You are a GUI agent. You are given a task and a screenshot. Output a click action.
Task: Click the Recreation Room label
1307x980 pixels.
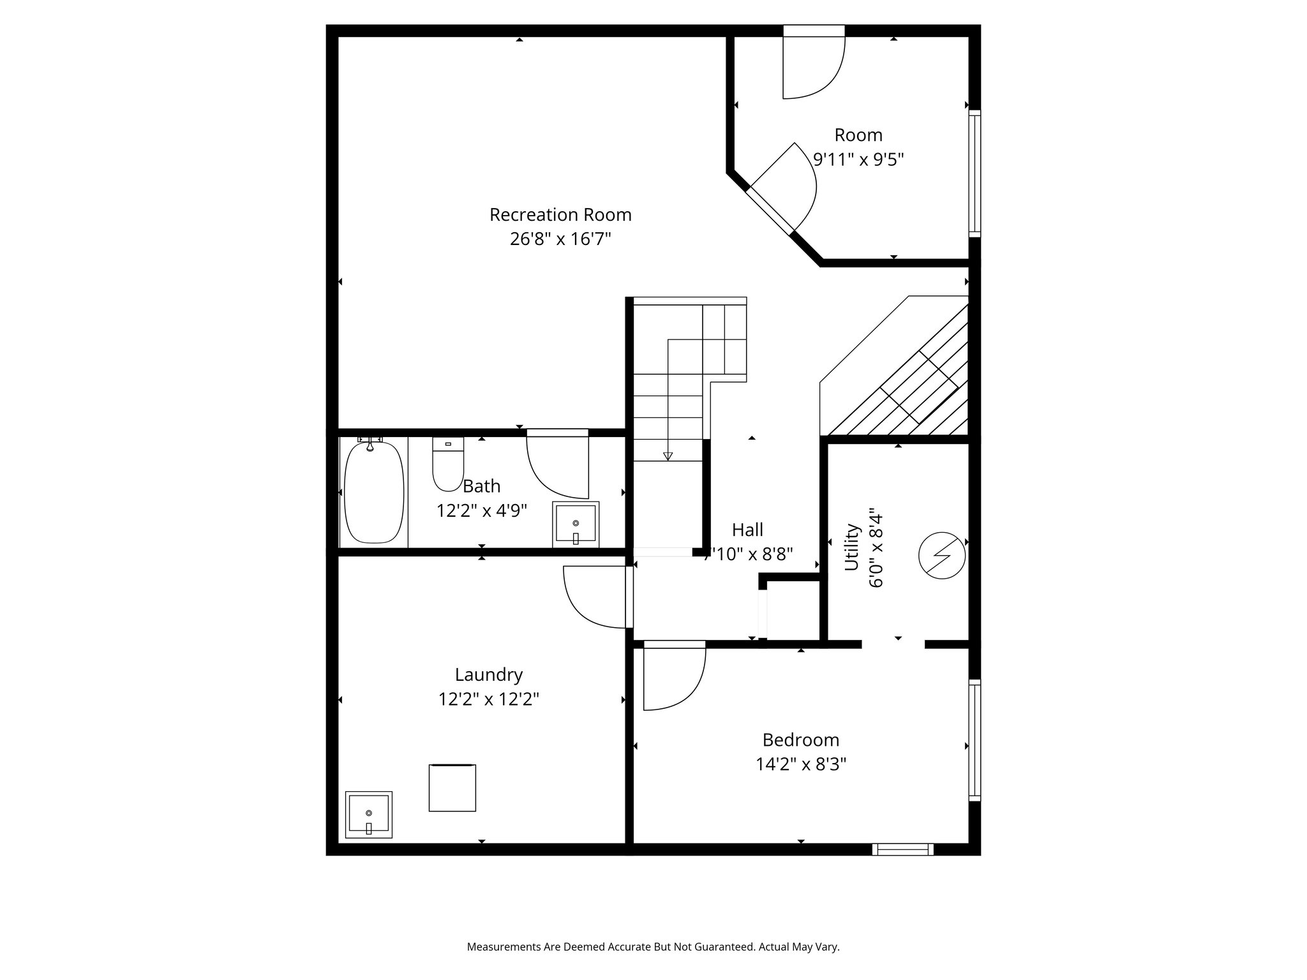click(560, 215)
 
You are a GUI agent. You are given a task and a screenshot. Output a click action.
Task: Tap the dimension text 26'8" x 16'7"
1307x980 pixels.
click(560, 239)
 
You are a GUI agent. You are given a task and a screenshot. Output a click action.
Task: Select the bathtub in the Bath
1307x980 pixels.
click(374, 492)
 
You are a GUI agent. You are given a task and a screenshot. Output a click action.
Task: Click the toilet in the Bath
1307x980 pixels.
click(448, 464)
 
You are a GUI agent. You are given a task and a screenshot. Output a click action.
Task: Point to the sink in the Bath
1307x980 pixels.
click(576, 524)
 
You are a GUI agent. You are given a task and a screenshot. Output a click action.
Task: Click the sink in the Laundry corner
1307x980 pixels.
click(368, 814)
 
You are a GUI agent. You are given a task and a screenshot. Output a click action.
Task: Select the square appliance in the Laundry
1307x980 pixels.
click(452, 787)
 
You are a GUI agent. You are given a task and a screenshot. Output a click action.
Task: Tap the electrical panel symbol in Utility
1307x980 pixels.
click(941, 555)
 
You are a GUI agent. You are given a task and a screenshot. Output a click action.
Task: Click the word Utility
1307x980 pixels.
click(852, 547)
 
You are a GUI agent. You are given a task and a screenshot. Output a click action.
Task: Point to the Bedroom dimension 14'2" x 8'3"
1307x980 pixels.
click(801, 764)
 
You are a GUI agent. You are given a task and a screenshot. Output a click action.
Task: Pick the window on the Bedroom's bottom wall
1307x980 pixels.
click(902, 849)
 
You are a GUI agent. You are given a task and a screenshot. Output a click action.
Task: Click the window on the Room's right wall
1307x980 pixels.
click(975, 172)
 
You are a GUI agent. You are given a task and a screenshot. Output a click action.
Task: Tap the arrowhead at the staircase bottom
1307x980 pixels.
click(668, 456)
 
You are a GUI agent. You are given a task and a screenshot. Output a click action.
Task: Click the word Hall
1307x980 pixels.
click(747, 530)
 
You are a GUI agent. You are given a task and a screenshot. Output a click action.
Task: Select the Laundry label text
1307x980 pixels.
click(488, 675)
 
